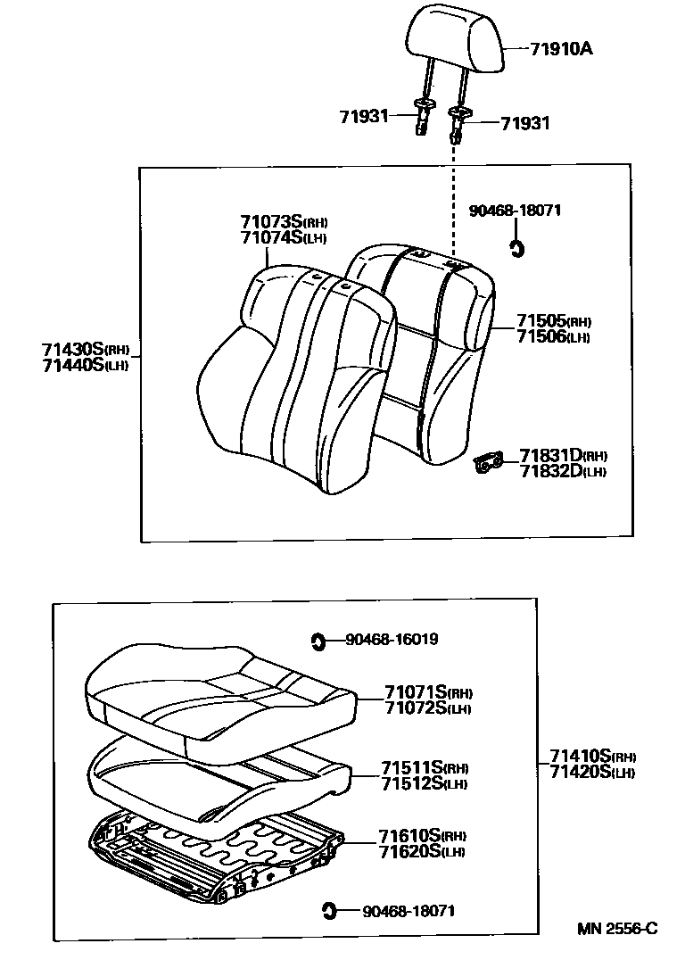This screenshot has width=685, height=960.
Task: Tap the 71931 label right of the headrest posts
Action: click(x=525, y=123)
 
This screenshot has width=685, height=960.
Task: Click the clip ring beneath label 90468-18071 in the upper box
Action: click(x=516, y=248)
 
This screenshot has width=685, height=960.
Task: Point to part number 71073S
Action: click(x=272, y=220)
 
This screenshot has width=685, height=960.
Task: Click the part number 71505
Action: click(x=541, y=321)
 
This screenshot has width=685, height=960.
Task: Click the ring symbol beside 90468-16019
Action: click(x=318, y=639)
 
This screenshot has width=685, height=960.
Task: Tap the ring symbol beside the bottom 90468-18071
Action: click(x=327, y=910)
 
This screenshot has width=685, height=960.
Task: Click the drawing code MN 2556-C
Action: click(x=616, y=928)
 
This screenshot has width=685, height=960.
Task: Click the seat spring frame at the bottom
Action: click(x=214, y=852)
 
